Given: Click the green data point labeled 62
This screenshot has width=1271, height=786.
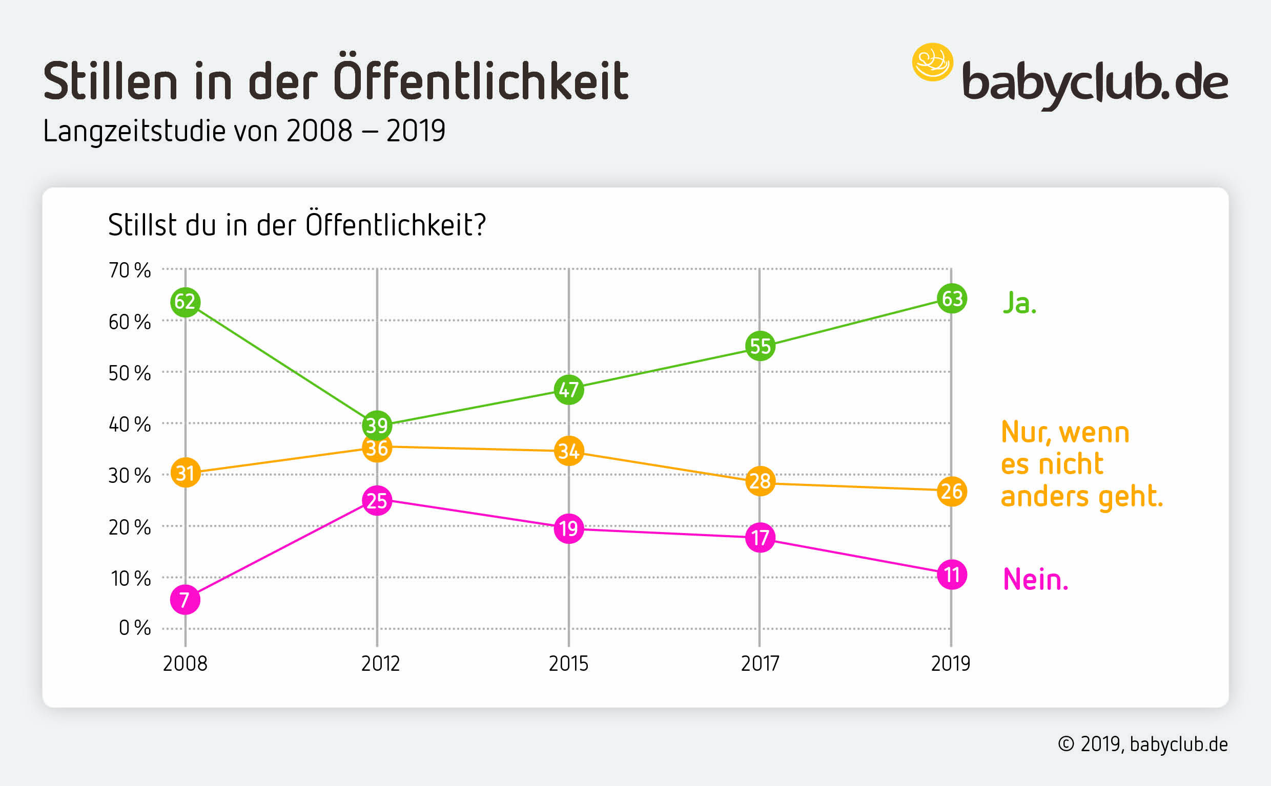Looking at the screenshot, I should pos(185,302).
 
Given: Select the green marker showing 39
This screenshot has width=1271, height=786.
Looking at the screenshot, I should pos(377,425).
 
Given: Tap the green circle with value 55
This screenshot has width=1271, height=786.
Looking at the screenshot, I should pos(760,346).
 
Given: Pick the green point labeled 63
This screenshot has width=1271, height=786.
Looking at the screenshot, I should pos(952,299).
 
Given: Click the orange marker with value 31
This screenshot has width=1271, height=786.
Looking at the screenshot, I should pos(185,473).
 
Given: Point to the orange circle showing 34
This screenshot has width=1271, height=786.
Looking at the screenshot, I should pos(569,451).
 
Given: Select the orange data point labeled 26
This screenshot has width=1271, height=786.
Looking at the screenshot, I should pos(952,491).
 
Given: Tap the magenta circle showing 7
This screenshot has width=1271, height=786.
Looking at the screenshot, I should pos(185,600).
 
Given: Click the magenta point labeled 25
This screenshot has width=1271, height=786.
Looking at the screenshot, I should pos(377,501).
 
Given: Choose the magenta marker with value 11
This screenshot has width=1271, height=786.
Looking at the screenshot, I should pos(952,575).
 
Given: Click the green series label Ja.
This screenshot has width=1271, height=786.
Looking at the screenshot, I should pos(1019,303).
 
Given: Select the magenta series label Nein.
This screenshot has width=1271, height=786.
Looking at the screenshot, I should pos(1035,580).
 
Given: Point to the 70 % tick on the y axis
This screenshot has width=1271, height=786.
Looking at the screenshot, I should pos(130,270).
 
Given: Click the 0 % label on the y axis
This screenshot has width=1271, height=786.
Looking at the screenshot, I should pos(135,628).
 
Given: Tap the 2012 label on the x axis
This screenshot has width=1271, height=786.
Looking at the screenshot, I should pos(380,664).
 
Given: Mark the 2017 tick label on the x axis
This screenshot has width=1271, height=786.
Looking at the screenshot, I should pos(760,664).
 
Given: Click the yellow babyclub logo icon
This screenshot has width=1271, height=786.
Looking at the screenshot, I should pos(932,62).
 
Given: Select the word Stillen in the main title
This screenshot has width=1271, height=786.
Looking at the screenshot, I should pos(110,81).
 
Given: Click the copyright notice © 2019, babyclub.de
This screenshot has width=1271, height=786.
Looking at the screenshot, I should pos(1143,745).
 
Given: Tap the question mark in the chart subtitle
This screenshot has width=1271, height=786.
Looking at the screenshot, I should pos(480,226).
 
